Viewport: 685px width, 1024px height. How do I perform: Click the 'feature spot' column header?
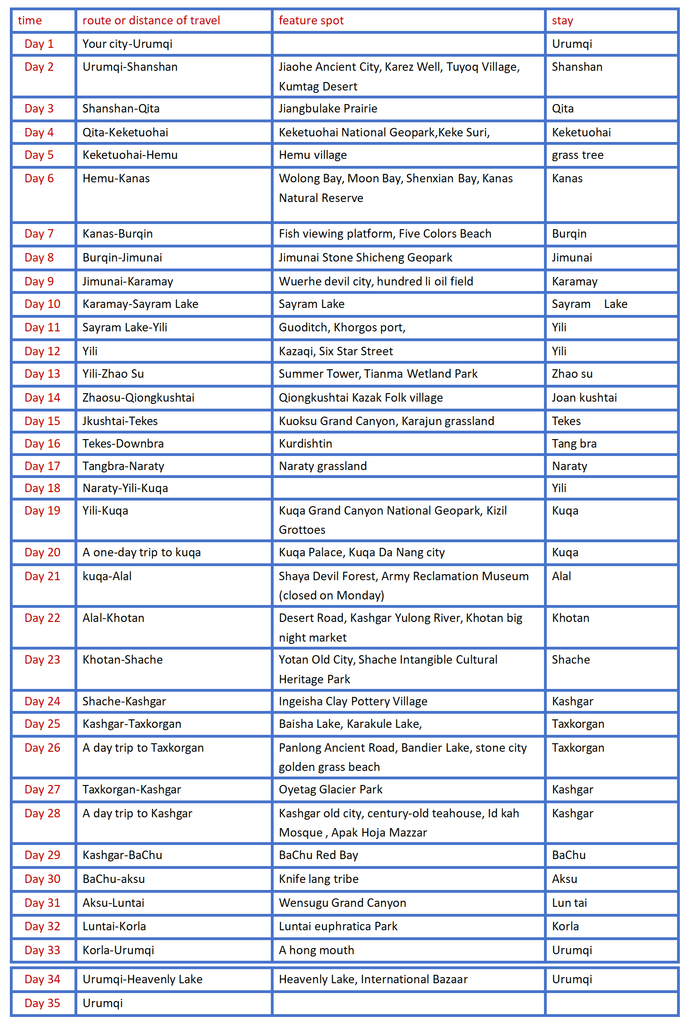tap(311, 21)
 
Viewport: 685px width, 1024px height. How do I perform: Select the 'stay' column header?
tap(562, 21)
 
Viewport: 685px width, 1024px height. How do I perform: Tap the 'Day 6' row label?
tap(39, 179)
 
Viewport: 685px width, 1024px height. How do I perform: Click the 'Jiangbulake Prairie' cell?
tap(328, 109)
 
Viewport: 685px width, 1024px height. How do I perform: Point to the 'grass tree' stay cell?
tap(578, 155)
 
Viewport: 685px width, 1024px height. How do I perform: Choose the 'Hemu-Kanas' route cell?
tap(116, 179)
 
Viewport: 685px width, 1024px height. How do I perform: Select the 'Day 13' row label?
tap(42, 374)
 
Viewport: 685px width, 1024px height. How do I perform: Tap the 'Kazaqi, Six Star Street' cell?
tap(336, 351)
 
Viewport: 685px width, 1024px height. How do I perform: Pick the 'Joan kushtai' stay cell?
tap(584, 398)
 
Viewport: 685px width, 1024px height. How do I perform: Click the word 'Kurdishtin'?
tap(305, 444)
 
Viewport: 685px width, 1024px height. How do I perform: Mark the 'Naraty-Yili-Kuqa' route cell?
tap(125, 488)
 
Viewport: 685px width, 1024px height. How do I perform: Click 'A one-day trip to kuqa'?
tap(141, 553)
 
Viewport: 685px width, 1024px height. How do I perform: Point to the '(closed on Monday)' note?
tap(331, 596)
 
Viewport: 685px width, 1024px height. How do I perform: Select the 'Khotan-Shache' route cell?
tap(123, 660)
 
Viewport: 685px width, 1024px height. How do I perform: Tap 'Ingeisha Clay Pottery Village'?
tap(353, 702)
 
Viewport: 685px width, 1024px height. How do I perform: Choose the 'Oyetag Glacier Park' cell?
tap(331, 790)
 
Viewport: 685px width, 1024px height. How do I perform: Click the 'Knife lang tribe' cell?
tap(319, 879)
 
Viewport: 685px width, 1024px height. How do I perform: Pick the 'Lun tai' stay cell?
tap(569, 903)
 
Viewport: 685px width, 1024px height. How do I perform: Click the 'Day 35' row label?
tap(42, 1003)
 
